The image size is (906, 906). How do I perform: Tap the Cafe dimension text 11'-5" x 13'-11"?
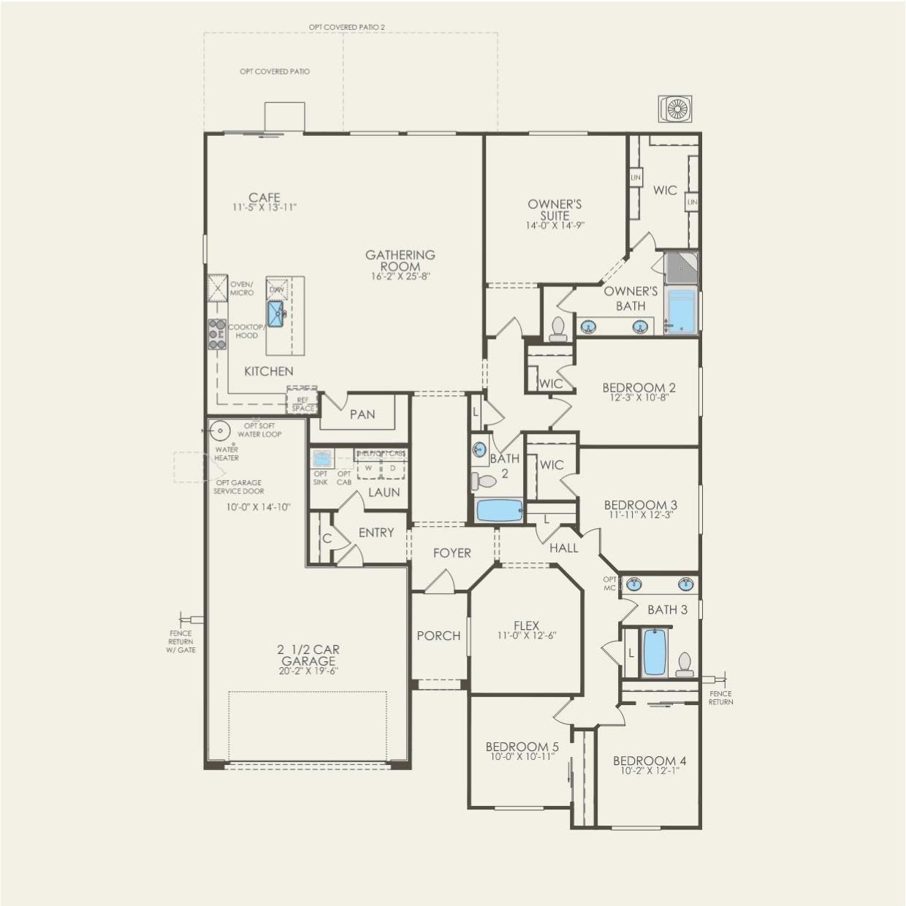coord(264,208)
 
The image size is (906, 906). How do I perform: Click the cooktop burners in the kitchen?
coord(217,334)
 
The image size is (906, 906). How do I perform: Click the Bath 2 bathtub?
coord(500,511)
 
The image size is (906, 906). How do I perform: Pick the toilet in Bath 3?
coord(685,663)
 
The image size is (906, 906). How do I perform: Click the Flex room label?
coord(526,625)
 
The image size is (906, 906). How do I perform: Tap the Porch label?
coord(438,636)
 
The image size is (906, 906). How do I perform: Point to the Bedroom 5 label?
coord(522,747)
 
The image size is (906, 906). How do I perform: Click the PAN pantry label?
coord(362,414)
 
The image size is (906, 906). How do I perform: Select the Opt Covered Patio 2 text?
coord(346,27)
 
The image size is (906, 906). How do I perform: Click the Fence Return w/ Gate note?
coord(180,642)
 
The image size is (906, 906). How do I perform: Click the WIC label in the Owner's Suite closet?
coord(665,190)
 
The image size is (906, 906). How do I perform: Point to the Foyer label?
coord(452,553)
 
